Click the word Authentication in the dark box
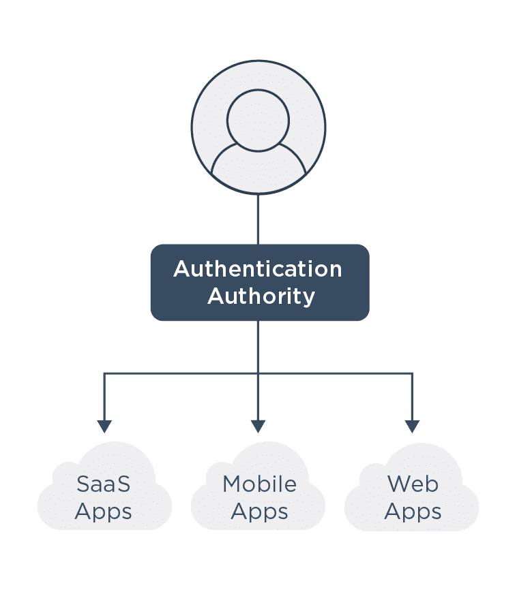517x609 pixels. click(258, 269)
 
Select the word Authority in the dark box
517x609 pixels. click(261, 296)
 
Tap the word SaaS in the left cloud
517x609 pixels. click(103, 484)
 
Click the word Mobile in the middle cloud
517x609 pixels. click(259, 484)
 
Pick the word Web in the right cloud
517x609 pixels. click(413, 484)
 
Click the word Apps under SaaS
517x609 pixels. click(103, 512)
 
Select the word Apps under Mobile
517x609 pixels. click(259, 512)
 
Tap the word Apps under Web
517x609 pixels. click(413, 512)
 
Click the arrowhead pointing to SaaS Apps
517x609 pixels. click(104, 426)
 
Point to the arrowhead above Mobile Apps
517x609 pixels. click(258, 426)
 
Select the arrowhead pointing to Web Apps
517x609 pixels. click(412, 426)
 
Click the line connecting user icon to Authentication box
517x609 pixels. click(258, 219)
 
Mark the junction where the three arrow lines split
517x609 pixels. click(258, 373)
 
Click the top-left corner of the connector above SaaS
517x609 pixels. click(104, 373)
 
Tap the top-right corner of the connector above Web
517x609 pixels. click(412, 373)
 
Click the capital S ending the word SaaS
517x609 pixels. click(123, 484)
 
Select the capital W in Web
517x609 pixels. click(399, 484)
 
